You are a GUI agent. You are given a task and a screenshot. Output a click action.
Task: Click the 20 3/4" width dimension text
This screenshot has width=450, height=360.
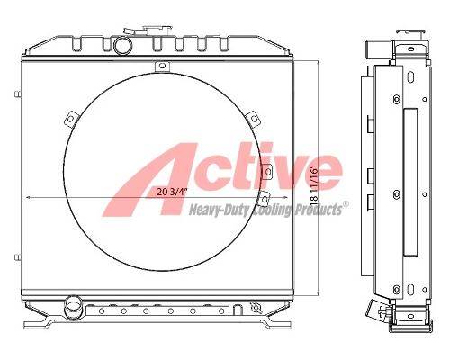tap(172, 193)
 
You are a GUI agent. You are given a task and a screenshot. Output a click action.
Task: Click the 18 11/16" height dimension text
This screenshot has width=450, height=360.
tap(314, 185)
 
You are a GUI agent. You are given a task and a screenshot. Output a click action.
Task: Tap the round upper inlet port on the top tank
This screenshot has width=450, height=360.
tap(122, 46)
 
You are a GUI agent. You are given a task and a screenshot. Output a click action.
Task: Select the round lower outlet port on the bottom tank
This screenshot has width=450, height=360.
tap(73, 305)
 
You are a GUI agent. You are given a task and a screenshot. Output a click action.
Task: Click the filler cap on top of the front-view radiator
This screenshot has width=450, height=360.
tap(156, 30)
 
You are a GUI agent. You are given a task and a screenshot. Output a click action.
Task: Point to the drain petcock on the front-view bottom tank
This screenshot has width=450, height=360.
tap(256, 307)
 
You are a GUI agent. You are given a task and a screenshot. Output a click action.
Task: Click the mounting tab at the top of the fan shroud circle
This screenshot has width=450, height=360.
tap(162, 67)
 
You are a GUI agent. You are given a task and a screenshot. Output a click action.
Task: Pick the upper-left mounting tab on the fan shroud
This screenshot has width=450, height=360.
tap(71, 119)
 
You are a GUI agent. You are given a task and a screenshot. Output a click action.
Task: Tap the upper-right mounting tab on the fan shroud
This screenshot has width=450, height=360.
tap(253, 119)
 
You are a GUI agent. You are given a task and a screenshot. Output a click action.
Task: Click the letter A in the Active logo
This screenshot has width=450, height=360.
tap(150, 180)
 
